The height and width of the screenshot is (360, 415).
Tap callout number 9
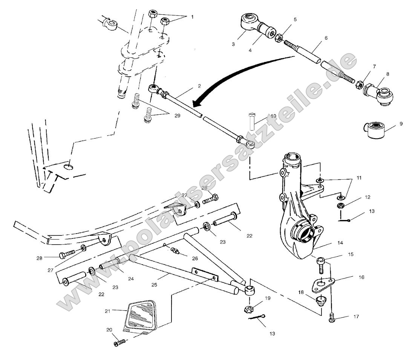point(401,123)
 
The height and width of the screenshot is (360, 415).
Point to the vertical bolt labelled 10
point(252,121)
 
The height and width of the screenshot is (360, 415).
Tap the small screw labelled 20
point(119,343)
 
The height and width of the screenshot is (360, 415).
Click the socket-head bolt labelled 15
point(320,264)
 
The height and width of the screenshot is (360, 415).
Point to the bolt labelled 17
point(332,318)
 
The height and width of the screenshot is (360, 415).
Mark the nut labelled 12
point(341,206)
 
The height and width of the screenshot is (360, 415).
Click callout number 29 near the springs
point(177,116)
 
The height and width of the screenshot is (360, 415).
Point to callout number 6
point(326,38)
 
